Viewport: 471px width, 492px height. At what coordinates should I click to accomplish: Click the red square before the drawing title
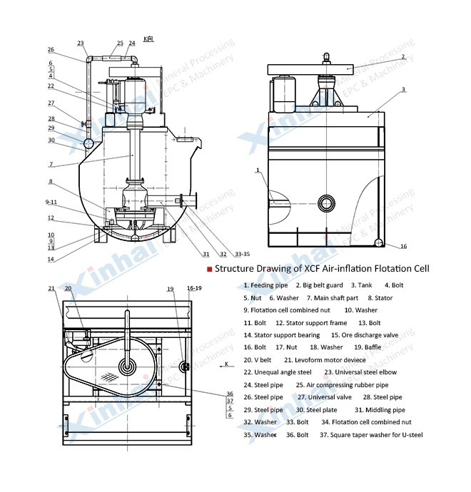(209, 269)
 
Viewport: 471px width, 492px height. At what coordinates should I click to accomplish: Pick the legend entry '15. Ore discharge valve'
(360, 334)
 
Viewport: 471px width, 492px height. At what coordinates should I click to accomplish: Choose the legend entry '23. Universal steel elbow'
(360, 371)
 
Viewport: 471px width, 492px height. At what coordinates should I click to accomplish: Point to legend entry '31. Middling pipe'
(380, 409)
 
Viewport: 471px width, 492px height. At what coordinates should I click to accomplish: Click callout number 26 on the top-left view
(51, 50)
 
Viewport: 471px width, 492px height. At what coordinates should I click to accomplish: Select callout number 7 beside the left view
(51, 164)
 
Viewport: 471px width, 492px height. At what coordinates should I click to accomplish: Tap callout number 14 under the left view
(51, 259)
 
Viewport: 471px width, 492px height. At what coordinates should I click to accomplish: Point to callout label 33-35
(243, 254)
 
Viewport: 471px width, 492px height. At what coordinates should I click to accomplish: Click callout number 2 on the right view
(402, 56)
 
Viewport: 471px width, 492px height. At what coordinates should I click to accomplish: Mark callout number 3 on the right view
(403, 89)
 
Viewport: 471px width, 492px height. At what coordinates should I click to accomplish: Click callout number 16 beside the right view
(403, 247)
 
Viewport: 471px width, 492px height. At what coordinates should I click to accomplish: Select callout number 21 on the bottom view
(51, 289)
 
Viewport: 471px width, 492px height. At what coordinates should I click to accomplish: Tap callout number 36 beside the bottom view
(230, 393)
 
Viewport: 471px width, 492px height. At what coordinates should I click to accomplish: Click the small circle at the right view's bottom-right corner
(380, 244)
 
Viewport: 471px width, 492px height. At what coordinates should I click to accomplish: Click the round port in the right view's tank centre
(328, 202)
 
